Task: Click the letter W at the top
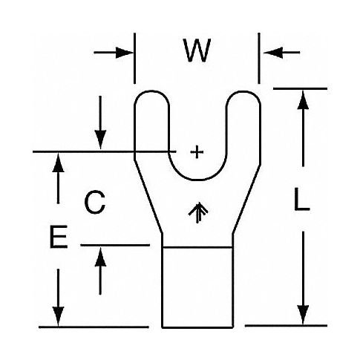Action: pyautogui.click(x=197, y=50)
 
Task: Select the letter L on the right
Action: pyautogui.click(x=301, y=199)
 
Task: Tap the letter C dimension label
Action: pyautogui.click(x=95, y=202)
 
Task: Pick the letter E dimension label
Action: pyautogui.click(x=59, y=237)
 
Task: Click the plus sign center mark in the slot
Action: pyautogui.click(x=197, y=151)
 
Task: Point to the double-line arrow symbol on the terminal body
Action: pyautogui.click(x=198, y=212)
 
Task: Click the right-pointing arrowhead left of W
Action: pyautogui.click(x=124, y=53)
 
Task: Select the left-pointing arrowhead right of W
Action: pyautogui.click(x=273, y=53)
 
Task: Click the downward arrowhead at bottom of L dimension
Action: pyautogui.click(x=303, y=315)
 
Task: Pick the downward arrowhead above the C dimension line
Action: pyautogui.click(x=100, y=140)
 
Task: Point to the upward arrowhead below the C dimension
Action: pyautogui.click(x=100, y=257)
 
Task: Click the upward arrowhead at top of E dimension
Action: pyautogui.click(x=58, y=163)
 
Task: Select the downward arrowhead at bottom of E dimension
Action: pyautogui.click(x=58, y=316)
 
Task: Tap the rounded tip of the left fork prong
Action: pyautogui.click(x=151, y=91)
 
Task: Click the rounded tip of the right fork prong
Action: pyautogui.click(x=243, y=92)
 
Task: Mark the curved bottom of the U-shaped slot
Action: pyautogui.click(x=197, y=180)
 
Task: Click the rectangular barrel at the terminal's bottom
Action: pyautogui.click(x=197, y=287)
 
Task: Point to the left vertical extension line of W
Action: pyautogui.click(x=134, y=59)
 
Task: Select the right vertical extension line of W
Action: pyautogui.click(x=259, y=59)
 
